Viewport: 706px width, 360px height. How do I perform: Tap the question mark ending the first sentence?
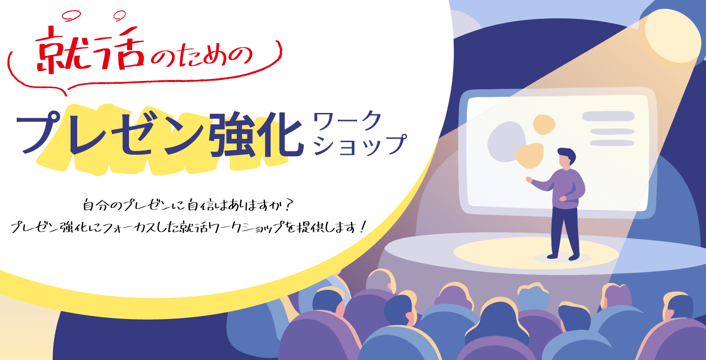click(x=287, y=206)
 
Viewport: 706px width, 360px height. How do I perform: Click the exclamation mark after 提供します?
click(x=362, y=227)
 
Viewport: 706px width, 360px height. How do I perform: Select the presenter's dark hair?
click(x=567, y=155)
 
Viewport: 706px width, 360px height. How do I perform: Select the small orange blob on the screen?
click(x=544, y=125)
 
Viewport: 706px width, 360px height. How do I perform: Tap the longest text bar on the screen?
click(x=608, y=116)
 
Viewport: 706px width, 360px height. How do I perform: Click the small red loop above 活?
click(x=120, y=15)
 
